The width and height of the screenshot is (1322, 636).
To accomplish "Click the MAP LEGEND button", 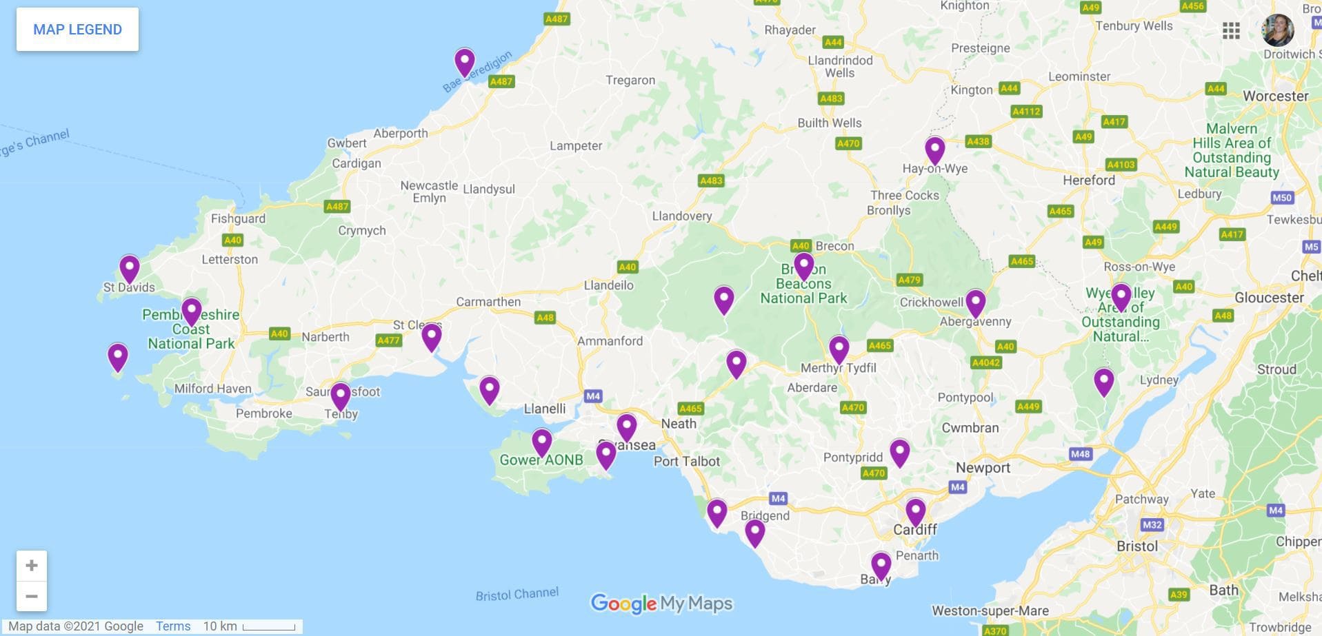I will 77,30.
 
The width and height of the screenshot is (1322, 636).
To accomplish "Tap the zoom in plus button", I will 32,566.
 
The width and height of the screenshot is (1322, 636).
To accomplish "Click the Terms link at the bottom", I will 172,626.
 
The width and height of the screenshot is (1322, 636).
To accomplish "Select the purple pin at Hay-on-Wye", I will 934,148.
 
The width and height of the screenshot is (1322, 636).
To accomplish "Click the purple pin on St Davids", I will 130,267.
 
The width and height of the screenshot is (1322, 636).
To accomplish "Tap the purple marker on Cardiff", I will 915,511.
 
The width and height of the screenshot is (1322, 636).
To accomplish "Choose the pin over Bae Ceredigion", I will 465,61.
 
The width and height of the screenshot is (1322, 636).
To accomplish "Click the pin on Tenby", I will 341,395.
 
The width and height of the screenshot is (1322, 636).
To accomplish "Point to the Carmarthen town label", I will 488,302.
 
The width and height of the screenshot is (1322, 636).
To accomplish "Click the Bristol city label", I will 1137,546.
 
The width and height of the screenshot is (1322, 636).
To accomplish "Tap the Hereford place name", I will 1089,180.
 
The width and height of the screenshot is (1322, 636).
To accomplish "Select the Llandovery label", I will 681,216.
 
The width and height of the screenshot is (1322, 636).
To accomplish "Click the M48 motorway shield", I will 1080,453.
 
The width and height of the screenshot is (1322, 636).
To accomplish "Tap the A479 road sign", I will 909,280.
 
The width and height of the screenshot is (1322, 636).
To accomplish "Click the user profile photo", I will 1277,30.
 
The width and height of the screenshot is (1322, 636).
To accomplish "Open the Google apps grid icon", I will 1231,30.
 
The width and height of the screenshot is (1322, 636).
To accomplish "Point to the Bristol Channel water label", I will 517,594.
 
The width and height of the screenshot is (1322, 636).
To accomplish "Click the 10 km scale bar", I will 269,627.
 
